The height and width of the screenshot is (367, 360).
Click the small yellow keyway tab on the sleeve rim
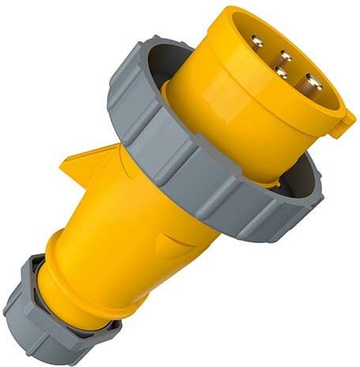344,119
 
